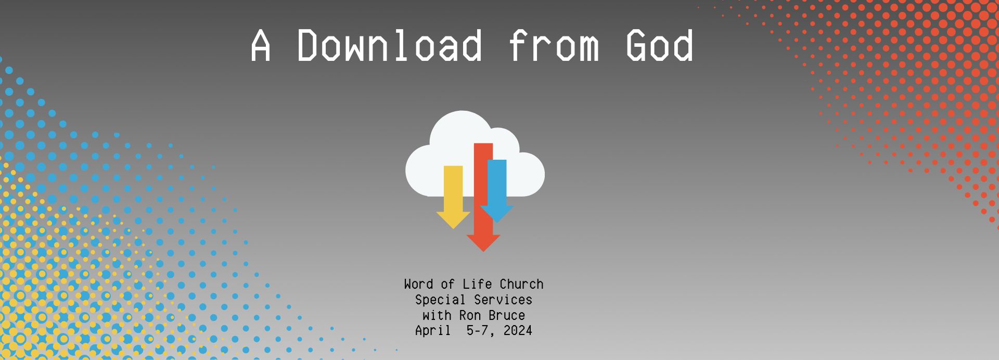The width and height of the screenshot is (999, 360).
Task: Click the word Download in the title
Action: (x=390, y=45)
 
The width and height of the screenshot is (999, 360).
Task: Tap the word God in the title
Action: (x=660, y=45)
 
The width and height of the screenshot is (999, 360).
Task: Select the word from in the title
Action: (x=554, y=45)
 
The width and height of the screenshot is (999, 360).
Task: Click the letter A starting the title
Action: (x=261, y=45)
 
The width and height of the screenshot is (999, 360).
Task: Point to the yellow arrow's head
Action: (x=453, y=220)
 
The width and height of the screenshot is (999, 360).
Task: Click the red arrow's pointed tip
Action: (x=483, y=251)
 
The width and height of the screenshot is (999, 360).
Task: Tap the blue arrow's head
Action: (x=497, y=214)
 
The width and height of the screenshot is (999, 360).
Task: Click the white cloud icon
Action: (x=475, y=154)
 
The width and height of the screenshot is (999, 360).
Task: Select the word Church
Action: (x=521, y=284)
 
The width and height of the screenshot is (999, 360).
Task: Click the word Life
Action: (x=477, y=284)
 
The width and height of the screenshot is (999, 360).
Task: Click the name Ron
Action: (x=470, y=316)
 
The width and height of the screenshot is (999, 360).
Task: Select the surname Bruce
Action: (x=507, y=316)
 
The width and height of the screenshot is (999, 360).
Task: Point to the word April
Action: (x=433, y=331)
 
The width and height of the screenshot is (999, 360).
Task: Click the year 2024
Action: (x=518, y=331)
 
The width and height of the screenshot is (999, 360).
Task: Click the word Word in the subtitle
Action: (x=418, y=284)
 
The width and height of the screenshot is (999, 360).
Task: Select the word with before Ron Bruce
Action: (x=437, y=316)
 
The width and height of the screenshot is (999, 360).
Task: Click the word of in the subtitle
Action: (x=447, y=284)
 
